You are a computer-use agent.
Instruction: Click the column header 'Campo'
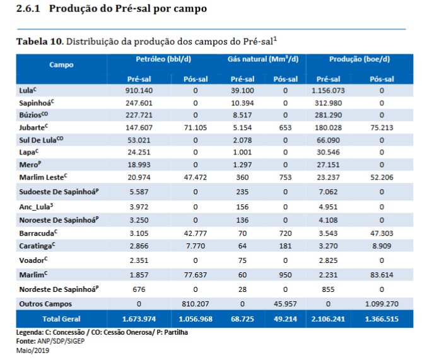tap(61, 64)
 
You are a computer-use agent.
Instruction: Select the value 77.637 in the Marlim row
tap(196, 276)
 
